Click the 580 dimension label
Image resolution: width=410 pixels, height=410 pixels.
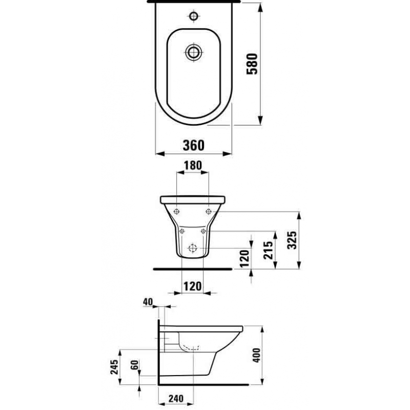click(x=252, y=64)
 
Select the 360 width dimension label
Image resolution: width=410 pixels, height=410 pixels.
click(x=194, y=146)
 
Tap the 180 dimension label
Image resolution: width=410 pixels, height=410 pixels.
click(x=193, y=165)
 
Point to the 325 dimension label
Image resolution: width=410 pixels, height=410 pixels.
click(x=292, y=240)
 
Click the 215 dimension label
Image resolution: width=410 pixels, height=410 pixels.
click(x=268, y=250)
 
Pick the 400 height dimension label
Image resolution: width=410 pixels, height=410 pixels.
click(x=257, y=355)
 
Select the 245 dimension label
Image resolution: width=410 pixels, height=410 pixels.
click(x=114, y=367)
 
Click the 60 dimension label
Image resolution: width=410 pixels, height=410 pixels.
click(x=134, y=365)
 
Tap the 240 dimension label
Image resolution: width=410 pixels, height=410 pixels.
click(x=176, y=399)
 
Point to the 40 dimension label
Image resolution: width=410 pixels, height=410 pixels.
click(x=148, y=302)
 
